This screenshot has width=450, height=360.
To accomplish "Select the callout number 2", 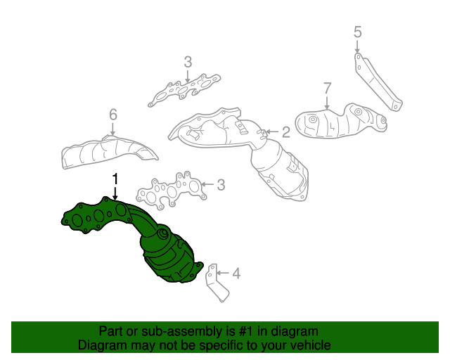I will click(286, 131).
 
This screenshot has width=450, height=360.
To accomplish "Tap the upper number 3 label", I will click(188, 63).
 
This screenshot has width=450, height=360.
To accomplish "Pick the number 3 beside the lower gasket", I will click(220, 185).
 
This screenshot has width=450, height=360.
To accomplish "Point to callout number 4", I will click(236, 273).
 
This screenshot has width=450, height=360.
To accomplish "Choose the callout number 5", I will click(357, 32).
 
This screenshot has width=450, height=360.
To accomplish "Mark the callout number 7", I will click(327, 88).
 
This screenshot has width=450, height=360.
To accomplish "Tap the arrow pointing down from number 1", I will click(115, 193).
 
